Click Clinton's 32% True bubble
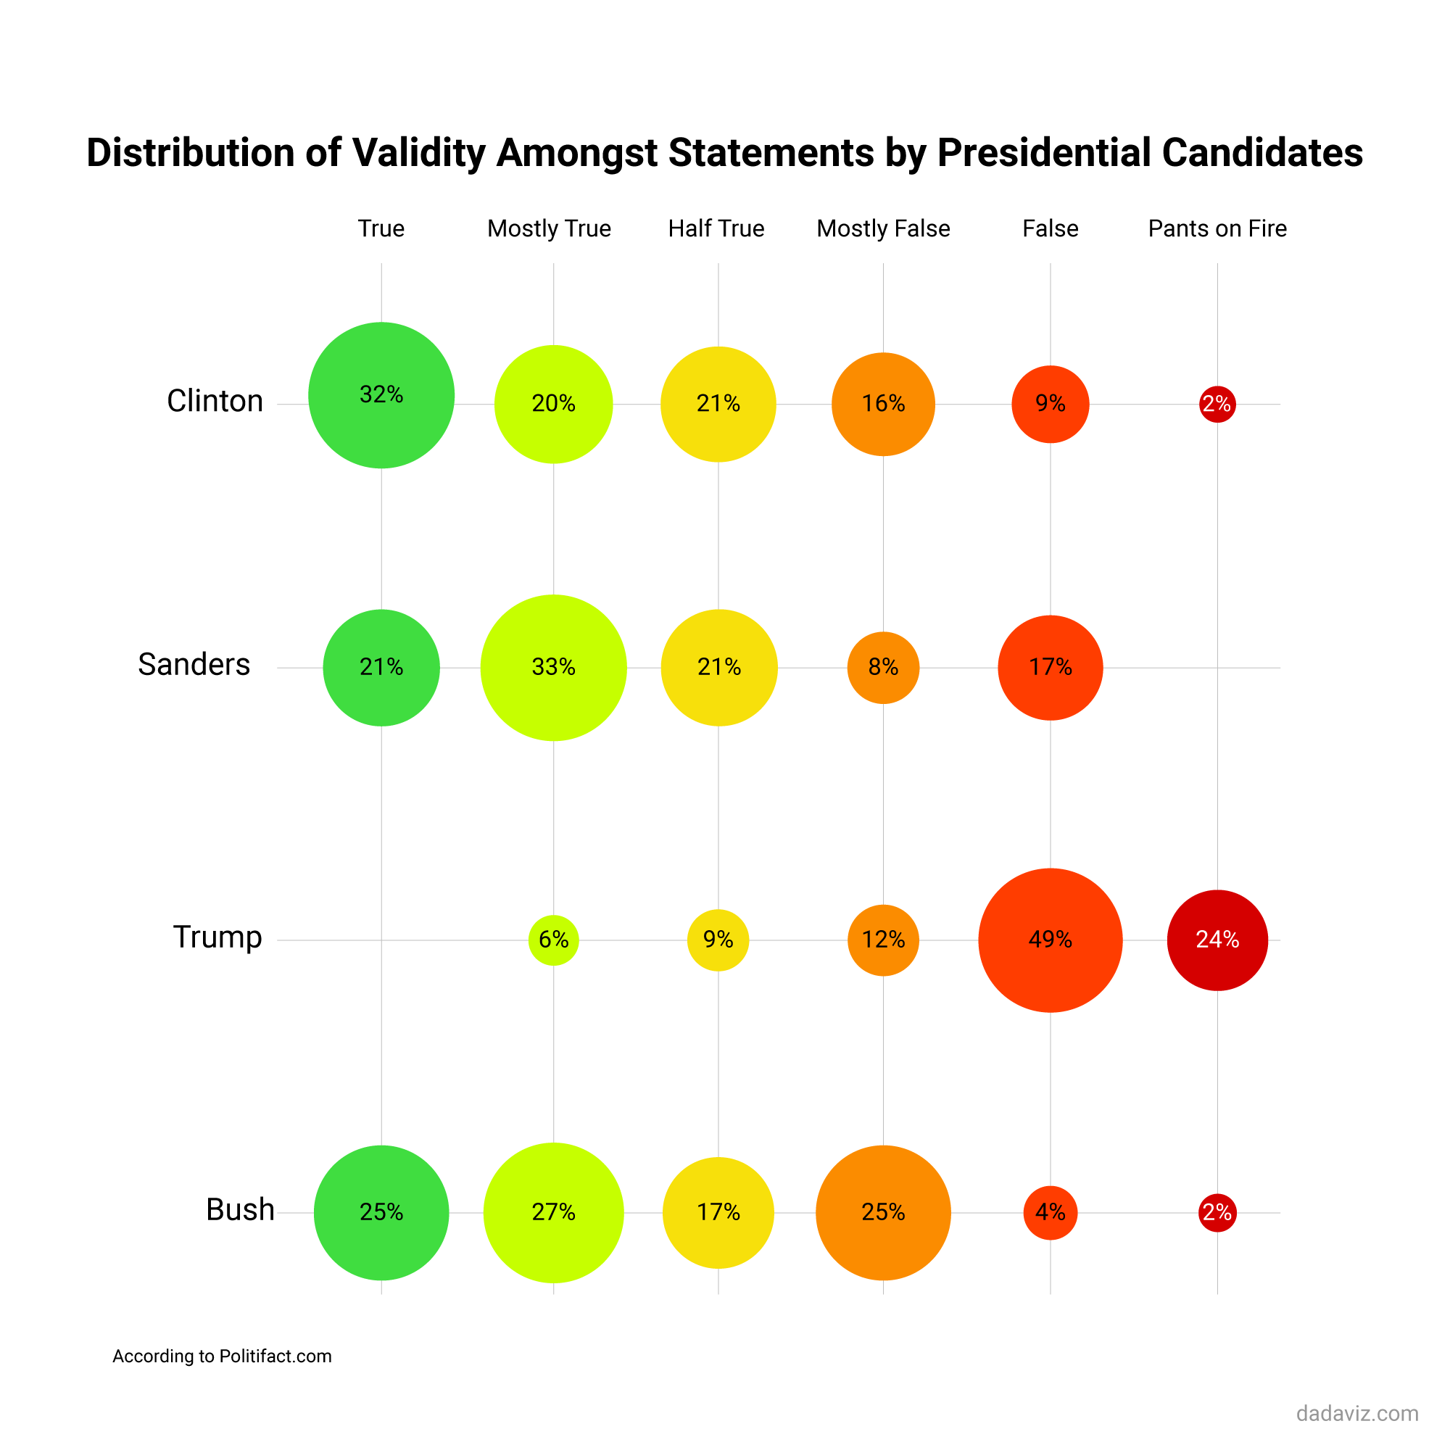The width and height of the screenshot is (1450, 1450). tap(381, 396)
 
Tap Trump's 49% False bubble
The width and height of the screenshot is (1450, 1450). tap(1050, 940)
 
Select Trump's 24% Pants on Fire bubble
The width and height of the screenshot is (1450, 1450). tap(1217, 940)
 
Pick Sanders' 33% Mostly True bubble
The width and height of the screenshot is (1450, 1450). tap(553, 667)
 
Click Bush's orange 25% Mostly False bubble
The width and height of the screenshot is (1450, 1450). tap(882, 1212)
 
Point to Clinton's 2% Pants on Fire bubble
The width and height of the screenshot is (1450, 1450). tap(1217, 405)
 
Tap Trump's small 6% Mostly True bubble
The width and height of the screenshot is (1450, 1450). tap(553, 940)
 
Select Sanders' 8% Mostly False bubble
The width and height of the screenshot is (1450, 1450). tap(882, 667)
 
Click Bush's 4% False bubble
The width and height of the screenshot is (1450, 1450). tap(1050, 1212)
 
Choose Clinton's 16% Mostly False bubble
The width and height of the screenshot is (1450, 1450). tap(882, 404)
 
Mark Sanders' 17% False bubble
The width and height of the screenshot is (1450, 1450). tap(1050, 667)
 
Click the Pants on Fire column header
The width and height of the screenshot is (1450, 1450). tap(1217, 228)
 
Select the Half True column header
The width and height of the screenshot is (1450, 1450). tap(716, 228)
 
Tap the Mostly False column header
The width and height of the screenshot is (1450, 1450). tap(882, 228)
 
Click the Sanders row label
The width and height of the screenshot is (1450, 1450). tap(194, 665)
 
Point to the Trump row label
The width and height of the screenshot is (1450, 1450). tap(217, 937)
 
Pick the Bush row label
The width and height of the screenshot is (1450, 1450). tap(240, 1210)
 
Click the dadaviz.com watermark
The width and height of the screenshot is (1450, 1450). tap(1357, 1414)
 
